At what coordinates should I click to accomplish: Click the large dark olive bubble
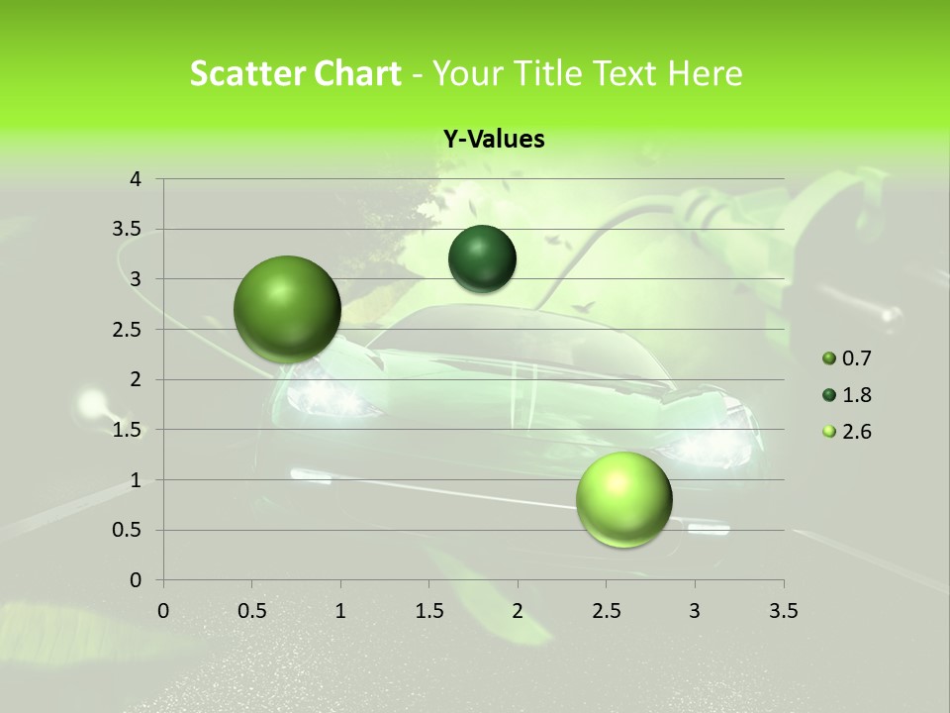288,309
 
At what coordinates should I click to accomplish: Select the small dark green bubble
482,259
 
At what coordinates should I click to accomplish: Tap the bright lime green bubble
623,500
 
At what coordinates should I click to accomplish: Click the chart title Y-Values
493,140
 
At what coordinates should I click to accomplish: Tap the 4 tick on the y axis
137,179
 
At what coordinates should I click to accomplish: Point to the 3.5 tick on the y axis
129,230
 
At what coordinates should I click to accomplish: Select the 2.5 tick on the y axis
129,330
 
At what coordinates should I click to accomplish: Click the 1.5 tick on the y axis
129,430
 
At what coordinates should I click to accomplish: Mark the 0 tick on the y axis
137,580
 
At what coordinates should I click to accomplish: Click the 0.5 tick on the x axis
251,611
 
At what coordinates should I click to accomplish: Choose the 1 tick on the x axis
340,611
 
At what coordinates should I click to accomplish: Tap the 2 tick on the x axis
518,611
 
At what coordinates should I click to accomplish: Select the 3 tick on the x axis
695,611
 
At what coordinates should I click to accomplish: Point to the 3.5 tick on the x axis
783,611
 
